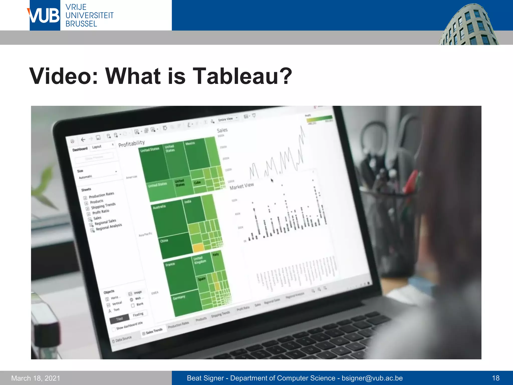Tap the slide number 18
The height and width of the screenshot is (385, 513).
click(x=495, y=378)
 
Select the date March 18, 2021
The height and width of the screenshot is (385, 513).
click(x=36, y=378)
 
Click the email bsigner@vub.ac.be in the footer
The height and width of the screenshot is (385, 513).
click(x=372, y=378)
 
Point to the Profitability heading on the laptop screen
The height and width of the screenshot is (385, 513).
click(x=132, y=144)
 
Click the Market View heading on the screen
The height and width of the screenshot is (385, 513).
click(x=242, y=186)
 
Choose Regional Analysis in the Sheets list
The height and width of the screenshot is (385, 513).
click(x=109, y=227)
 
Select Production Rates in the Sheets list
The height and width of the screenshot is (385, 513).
click(x=101, y=195)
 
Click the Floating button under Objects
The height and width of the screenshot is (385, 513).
click(x=138, y=314)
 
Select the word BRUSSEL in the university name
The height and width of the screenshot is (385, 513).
click(x=81, y=24)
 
